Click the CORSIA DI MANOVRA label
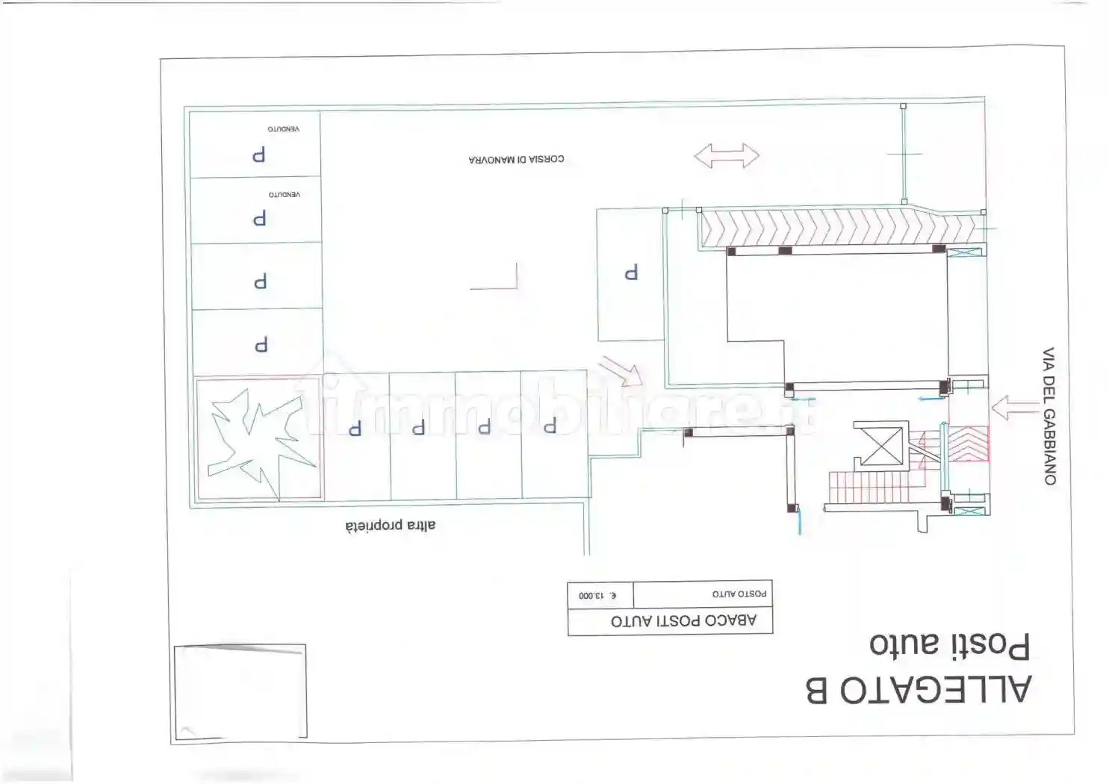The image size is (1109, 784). [516, 159]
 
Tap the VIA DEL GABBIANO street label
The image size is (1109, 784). [1049, 416]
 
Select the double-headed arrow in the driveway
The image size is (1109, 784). [727, 156]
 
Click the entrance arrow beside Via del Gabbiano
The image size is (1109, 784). [1015, 408]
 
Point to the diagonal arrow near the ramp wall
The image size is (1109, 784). [621, 371]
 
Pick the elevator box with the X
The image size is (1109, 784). [881, 447]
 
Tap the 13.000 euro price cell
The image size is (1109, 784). [598, 595]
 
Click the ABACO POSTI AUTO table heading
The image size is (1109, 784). [684, 620]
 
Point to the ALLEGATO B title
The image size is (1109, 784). [919, 689]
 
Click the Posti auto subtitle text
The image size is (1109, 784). [950, 645]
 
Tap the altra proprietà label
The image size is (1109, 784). [390, 526]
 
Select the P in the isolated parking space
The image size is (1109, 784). [631, 273]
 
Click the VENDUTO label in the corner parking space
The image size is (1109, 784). [284, 128]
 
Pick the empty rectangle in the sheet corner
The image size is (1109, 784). [240, 691]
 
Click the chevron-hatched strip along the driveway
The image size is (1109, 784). [842, 228]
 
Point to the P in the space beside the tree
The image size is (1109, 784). [355, 428]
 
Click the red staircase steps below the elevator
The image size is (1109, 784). [870, 487]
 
